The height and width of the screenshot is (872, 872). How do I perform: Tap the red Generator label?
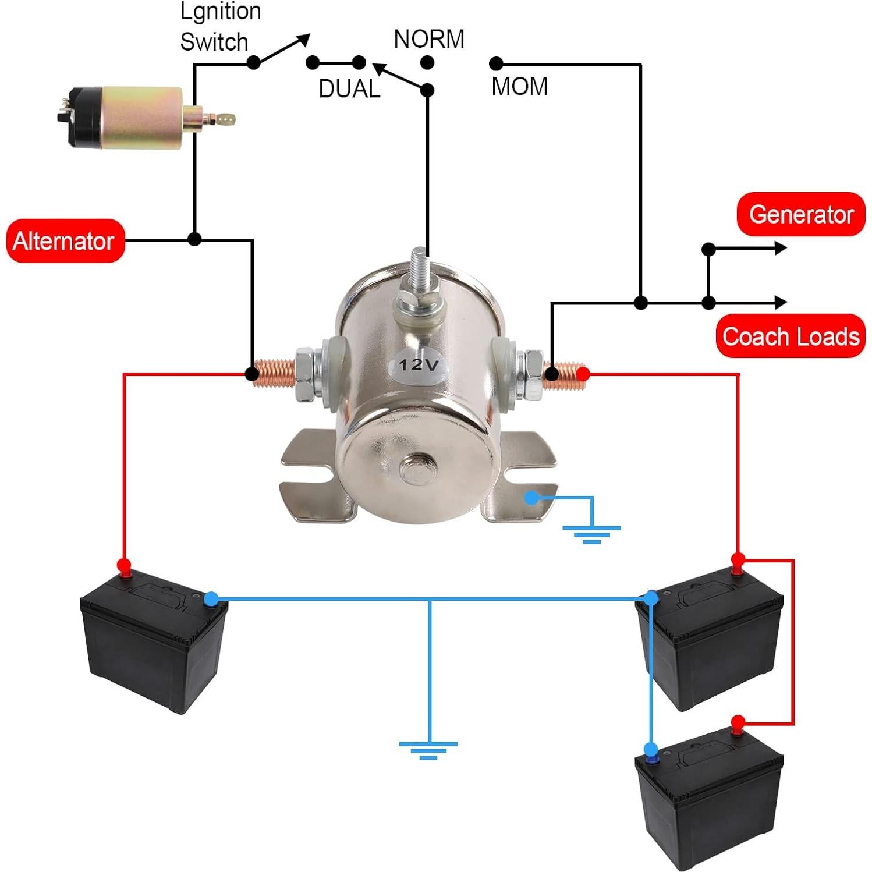click(x=800, y=214)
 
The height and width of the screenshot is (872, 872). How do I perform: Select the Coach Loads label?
click(x=791, y=336)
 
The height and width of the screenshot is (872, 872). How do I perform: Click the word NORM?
click(x=429, y=39)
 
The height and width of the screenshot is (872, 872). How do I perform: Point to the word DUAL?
click(x=349, y=88)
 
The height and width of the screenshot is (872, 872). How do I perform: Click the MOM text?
click(x=519, y=86)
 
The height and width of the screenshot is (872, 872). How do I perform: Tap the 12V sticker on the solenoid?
click(x=417, y=365)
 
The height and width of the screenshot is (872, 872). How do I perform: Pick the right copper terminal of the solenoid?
click(x=563, y=373)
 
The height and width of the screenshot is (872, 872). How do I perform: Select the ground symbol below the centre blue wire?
click(x=428, y=750)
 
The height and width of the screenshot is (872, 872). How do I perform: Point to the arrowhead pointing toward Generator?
click(x=780, y=249)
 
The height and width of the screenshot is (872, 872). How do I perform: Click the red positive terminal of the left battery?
click(x=124, y=565)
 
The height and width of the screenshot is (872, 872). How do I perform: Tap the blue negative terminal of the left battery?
click(x=211, y=598)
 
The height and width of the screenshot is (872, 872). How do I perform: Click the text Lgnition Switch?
click(x=219, y=27)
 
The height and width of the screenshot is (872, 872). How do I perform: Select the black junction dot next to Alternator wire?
click(x=194, y=239)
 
